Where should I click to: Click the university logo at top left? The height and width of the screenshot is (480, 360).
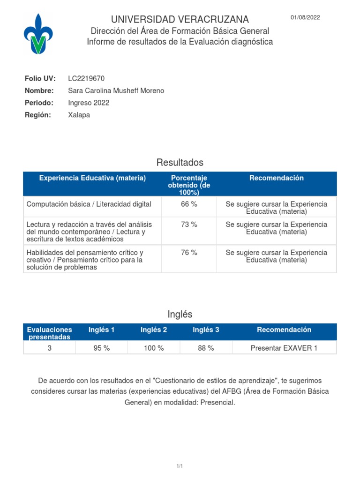click(x=38, y=34)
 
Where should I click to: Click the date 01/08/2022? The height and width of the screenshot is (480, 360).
click(x=305, y=18)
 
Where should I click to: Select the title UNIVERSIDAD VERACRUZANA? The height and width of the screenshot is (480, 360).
click(x=180, y=20)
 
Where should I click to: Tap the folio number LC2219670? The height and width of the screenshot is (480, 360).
click(x=86, y=78)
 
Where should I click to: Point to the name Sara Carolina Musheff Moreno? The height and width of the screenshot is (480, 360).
click(x=116, y=90)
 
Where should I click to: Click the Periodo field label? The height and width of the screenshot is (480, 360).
click(x=39, y=103)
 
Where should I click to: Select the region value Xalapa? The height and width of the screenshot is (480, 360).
click(x=79, y=115)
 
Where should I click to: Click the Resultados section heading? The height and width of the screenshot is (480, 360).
click(x=180, y=163)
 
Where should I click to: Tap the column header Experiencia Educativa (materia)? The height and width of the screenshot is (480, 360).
click(x=92, y=178)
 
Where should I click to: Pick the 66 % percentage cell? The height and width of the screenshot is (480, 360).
click(x=189, y=204)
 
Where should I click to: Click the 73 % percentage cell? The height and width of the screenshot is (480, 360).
click(x=189, y=225)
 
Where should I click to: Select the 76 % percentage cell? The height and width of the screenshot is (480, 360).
click(x=189, y=253)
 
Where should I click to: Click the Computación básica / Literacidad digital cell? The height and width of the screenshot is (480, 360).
click(x=89, y=204)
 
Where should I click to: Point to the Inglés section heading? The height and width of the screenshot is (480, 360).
click(x=180, y=314)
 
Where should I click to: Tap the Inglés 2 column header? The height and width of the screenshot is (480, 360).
click(x=154, y=330)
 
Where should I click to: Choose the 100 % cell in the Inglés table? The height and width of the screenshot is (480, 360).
click(x=154, y=348)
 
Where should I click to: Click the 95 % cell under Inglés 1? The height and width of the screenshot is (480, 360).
click(x=102, y=348)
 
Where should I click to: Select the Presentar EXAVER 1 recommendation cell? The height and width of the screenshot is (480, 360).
click(x=284, y=348)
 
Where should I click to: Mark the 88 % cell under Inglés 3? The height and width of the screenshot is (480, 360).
click(x=206, y=348)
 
